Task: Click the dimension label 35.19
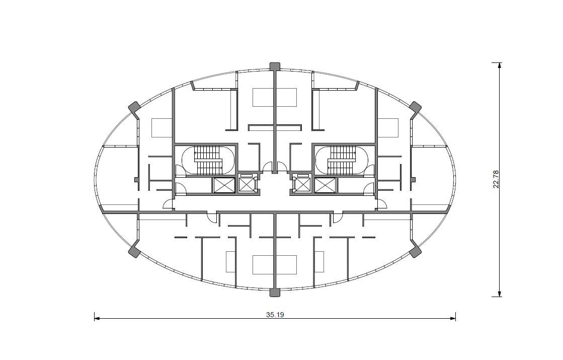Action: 275,315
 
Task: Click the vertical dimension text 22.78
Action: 496,179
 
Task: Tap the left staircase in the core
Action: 208,160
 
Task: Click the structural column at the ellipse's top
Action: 275,66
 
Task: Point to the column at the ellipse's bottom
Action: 275,293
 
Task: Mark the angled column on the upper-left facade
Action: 134,108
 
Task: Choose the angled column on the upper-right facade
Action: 416,108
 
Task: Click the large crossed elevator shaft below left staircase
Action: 224,185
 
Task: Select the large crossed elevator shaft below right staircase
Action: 326,185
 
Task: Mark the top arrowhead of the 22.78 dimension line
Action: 500,65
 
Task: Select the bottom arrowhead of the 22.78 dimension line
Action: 500,294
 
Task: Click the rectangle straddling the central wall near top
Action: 275,97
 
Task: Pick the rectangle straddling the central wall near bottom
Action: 275,265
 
